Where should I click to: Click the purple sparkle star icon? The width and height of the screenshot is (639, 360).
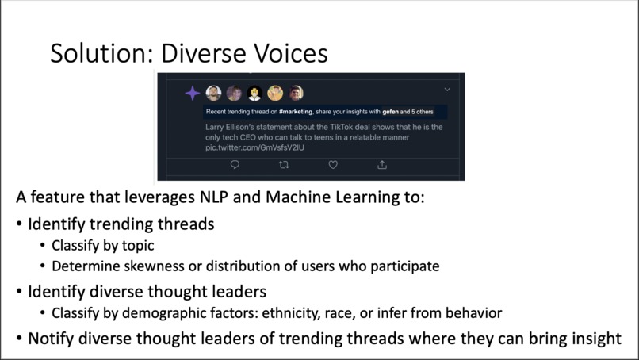(193, 94)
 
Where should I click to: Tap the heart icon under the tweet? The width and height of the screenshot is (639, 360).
(333, 165)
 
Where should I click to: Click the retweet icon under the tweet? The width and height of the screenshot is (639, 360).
(284, 165)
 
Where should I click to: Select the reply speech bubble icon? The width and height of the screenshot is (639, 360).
(235, 165)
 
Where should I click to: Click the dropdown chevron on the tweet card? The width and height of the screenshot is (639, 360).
(448, 90)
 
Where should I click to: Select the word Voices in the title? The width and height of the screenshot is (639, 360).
(286, 53)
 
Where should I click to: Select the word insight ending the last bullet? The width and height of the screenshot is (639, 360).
(594, 339)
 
